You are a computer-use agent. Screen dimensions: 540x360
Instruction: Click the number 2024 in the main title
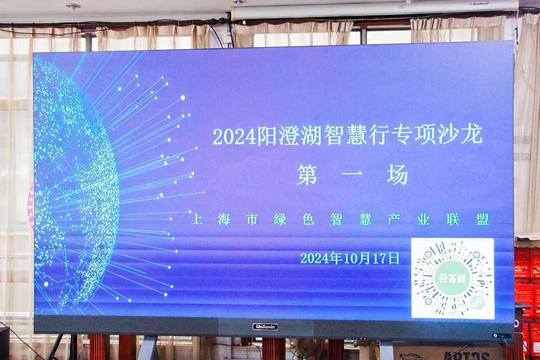coord(235,137)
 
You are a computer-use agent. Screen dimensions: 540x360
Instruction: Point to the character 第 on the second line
coord(307,175)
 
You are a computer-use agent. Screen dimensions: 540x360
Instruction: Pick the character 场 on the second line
coord(397,174)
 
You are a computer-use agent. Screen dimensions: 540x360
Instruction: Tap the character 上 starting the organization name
coord(197,219)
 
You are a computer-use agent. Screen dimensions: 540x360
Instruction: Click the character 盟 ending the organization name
coord(483,219)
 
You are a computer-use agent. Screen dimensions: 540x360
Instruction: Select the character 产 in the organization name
coord(394,219)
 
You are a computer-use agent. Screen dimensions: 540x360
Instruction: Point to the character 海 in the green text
coord(224,219)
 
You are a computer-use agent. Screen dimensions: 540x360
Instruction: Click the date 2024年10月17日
coord(349,258)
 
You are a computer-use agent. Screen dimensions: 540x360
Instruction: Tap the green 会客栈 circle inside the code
coord(452,278)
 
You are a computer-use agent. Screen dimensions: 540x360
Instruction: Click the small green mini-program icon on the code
coord(477,303)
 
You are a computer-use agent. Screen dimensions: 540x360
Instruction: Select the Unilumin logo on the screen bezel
coord(265,327)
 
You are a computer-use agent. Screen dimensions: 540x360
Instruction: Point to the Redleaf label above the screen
coord(481,4)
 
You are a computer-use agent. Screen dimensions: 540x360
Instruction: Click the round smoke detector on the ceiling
coord(73,6)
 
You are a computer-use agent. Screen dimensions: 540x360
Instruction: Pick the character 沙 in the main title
coord(448,134)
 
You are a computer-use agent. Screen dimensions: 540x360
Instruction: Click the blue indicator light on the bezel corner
coord(495,336)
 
